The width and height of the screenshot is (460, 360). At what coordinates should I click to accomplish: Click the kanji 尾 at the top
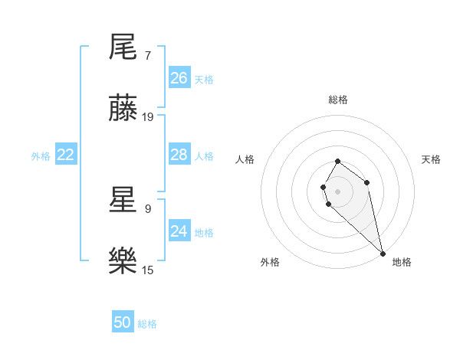pyautogui.click(x=123, y=47)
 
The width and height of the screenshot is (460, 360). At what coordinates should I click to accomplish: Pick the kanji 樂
pyautogui.click(x=123, y=261)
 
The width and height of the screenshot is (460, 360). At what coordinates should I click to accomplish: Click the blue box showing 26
pyautogui.click(x=179, y=78)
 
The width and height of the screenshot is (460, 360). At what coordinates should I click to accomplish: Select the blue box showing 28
pyautogui.click(x=179, y=155)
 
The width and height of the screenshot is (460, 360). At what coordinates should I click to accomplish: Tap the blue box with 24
pyautogui.click(x=179, y=231)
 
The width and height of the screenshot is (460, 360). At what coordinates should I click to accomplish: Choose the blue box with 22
pyautogui.click(x=66, y=155)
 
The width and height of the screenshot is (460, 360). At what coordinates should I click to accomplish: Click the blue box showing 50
pyautogui.click(x=123, y=322)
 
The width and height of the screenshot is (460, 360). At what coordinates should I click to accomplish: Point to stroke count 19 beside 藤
pyautogui.click(x=148, y=117)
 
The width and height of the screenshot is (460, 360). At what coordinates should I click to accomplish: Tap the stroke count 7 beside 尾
pyautogui.click(x=147, y=55)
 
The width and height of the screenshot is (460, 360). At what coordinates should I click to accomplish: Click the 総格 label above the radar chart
pyautogui.click(x=338, y=100)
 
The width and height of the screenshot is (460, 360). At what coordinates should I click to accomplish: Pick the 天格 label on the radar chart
pyautogui.click(x=431, y=159)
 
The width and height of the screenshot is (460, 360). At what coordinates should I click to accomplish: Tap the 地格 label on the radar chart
pyautogui.click(x=402, y=262)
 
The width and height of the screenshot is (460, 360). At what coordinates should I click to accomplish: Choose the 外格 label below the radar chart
pyautogui.click(x=270, y=262)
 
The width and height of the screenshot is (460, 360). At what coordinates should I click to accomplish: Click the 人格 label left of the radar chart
pyautogui.click(x=245, y=159)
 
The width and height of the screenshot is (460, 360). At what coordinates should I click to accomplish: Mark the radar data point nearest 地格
pyautogui.click(x=383, y=253)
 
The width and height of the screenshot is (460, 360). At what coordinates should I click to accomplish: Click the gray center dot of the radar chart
pyautogui.click(x=338, y=191)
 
